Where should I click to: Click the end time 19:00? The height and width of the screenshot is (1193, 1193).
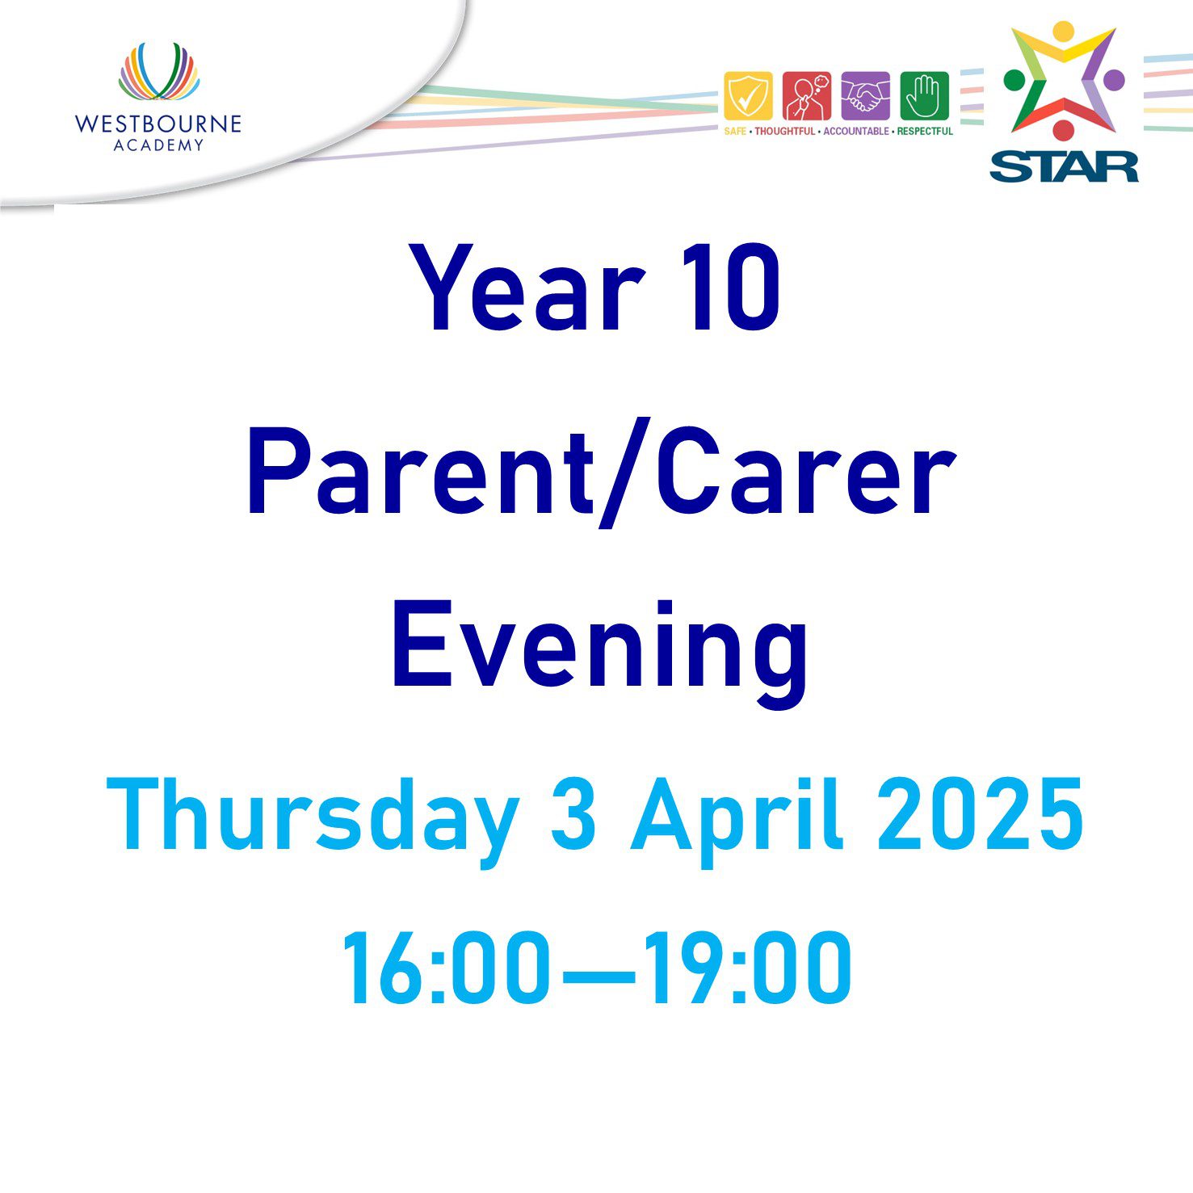(x=749, y=967)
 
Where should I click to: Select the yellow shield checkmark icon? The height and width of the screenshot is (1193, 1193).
(x=748, y=96)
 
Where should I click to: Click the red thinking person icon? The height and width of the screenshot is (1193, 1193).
(x=806, y=96)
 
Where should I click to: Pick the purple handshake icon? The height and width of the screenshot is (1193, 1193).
(x=865, y=96)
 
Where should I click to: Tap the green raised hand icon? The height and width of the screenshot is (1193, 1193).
(x=924, y=96)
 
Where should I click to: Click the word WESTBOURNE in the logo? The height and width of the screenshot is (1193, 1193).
(x=158, y=124)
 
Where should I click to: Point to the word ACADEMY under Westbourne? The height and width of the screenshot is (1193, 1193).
(x=158, y=145)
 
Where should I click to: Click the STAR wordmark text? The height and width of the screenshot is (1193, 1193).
(x=1064, y=166)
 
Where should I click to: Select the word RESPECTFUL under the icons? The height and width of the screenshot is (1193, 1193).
(x=925, y=131)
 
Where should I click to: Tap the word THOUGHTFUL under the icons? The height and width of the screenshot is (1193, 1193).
(x=785, y=131)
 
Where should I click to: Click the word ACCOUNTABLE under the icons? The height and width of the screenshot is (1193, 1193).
(x=856, y=131)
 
